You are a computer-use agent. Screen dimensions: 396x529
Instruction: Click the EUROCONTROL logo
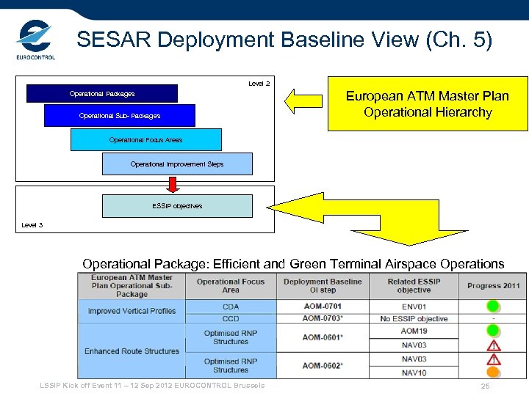(x=35, y=41)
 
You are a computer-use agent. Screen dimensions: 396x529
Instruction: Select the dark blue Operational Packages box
(x=102, y=94)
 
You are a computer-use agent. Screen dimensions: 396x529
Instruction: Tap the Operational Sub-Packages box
(x=120, y=116)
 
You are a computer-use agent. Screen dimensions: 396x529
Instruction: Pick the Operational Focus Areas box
(x=145, y=139)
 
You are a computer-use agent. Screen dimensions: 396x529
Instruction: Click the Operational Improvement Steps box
(x=177, y=164)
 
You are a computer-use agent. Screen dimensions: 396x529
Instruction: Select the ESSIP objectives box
(x=177, y=206)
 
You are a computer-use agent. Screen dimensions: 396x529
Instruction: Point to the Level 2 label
(x=259, y=84)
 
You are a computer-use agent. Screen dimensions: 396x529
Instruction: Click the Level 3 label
(x=32, y=224)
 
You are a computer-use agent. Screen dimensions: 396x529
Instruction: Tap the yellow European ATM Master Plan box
(x=427, y=104)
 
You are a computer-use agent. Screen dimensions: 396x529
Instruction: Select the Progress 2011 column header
(x=493, y=286)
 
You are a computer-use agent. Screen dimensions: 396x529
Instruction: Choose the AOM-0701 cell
(x=323, y=306)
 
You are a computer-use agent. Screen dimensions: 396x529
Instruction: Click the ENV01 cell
(x=414, y=306)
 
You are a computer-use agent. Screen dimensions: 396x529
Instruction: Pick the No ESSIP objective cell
(x=414, y=318)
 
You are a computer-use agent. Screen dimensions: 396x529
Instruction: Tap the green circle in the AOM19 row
(x=493, y=331)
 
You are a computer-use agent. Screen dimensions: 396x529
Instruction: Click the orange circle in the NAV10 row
(x=493, y=373)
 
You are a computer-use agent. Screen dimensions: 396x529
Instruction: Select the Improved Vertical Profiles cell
(x=132, y=311)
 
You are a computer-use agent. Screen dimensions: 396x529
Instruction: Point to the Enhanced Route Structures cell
(x=132, y=351)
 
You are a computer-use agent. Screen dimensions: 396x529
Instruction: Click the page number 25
(x=485, y=386)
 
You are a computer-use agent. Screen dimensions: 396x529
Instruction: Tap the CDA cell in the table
(x=231, y=306)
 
